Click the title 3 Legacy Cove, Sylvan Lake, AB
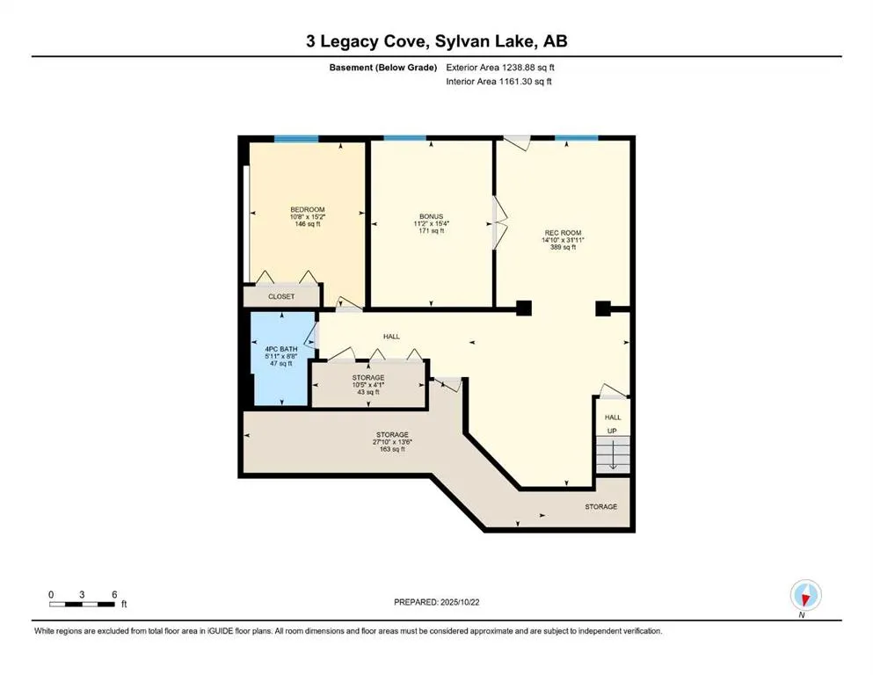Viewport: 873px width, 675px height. pos(436,41)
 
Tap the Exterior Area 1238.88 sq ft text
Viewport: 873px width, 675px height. pos(500,67)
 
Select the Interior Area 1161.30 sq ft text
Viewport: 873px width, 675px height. pos(499,82)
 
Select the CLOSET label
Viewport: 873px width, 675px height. pos(281,297)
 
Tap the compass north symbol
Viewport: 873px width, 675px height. pos(804,595)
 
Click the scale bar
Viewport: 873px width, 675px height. pos(83,604)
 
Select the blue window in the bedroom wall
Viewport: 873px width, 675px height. pos(295,138)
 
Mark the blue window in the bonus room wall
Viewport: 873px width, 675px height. pos(405,138)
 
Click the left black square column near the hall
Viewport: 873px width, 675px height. pos(523,308)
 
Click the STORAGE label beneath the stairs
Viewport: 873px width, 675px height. pos(601,507)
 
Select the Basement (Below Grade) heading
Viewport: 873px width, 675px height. pos(383,67)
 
